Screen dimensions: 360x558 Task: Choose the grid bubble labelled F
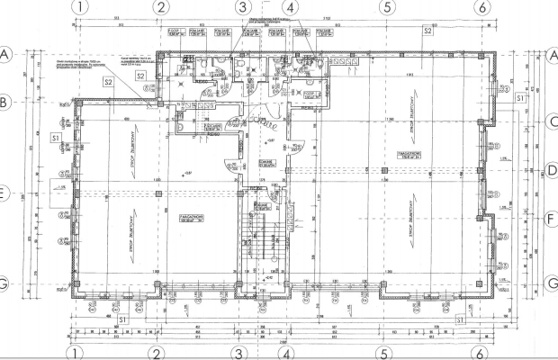coord(552,216)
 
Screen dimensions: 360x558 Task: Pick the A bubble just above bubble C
coord(552,55)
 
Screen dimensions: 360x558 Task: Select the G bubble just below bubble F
coord(552,283)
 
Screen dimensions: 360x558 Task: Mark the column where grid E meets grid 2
coord(159,193)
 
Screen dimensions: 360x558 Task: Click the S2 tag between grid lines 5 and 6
coord(427,31)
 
